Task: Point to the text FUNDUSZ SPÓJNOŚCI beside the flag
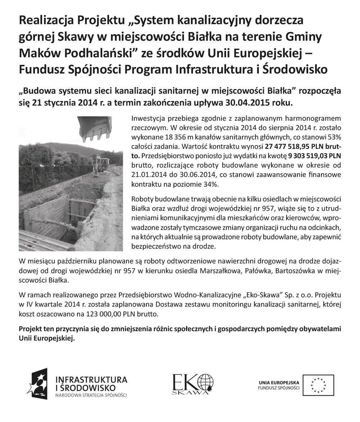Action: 279,388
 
